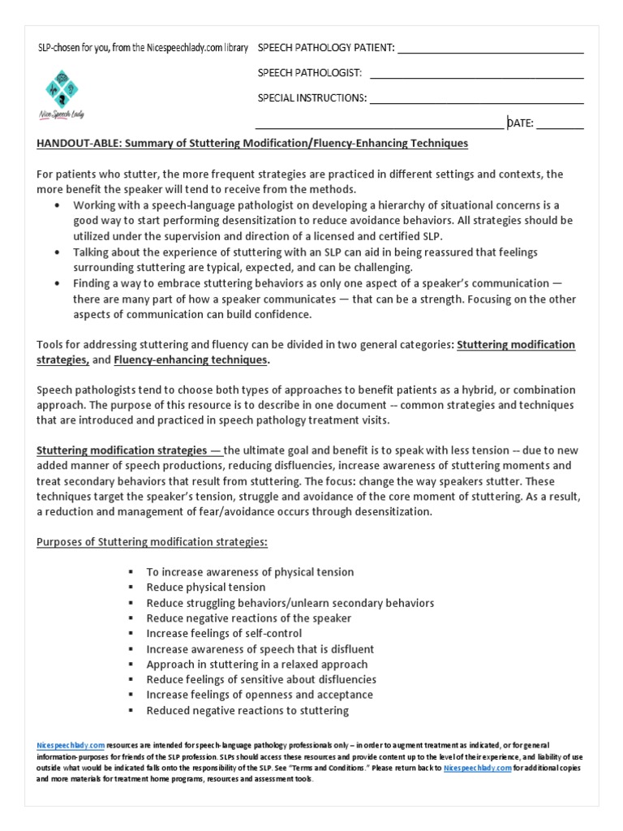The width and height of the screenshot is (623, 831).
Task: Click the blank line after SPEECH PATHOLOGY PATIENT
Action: [x=490, y=52]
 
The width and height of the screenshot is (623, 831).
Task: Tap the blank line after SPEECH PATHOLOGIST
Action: [x=476, y=77]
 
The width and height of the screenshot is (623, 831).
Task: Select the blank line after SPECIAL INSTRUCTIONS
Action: [x=476, y=103]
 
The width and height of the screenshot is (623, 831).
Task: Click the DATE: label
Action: [x=520, y=123]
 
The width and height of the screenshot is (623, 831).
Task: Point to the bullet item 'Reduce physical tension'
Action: [x=205, y=587]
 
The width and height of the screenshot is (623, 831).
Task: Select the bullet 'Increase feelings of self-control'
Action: [x=224, y=633]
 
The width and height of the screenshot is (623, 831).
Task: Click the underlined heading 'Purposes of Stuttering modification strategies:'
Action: [x=152, y=541]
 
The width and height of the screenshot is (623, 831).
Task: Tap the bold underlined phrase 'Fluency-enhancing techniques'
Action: [x=191, y=360]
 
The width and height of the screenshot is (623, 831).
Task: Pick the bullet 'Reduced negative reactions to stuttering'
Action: [x=247, y=710]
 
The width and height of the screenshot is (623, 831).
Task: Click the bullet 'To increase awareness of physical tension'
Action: [x=250, y=571]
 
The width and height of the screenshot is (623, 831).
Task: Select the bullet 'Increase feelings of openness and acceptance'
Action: [x=260, y=695]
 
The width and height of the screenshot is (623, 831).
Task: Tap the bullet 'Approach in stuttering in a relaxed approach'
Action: [x=256, y=664]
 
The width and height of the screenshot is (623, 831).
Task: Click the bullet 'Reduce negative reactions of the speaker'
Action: [x=248, y=618]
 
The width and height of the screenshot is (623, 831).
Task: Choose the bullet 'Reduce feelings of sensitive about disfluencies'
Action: [x=261, y=679]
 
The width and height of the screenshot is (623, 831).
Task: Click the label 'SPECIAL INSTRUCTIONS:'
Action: [x=312, y=98]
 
